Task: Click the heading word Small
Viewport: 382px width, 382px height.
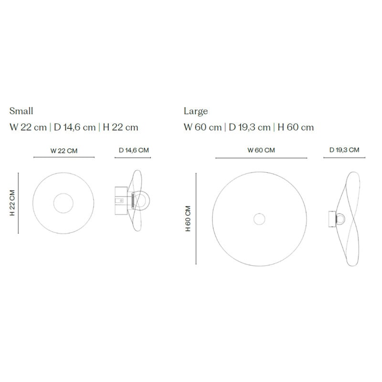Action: (21, 111)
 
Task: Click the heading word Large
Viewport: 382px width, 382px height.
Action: (196, 111)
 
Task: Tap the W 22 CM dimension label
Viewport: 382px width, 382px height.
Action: (64, 150)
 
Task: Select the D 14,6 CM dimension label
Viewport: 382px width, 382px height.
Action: (134, 150)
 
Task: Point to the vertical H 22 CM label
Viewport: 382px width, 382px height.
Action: (12, 203)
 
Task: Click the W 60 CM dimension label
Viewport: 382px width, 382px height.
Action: (261, 150)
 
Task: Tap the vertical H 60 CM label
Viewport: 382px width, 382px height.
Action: (188, 219)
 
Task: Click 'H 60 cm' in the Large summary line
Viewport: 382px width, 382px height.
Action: (296, 127)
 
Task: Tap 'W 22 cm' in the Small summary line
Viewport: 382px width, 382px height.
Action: (28, 127)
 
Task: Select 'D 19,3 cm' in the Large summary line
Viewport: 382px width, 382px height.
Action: (250, 127)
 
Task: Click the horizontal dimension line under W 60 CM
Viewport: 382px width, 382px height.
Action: (261, 158)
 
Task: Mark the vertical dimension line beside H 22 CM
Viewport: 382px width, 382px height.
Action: (19, 203)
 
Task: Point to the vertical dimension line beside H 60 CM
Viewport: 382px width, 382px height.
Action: (196, 219)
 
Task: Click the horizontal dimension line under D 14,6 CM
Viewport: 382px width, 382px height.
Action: (134, 157)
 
